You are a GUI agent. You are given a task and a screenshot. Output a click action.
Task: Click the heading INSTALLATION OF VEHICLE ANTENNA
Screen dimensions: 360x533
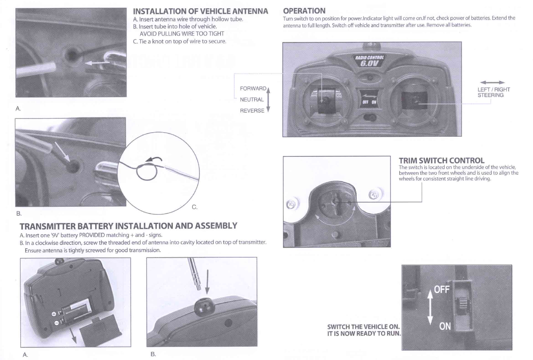pos(200,11)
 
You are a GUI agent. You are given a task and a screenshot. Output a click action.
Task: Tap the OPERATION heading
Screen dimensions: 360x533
pos(304,11)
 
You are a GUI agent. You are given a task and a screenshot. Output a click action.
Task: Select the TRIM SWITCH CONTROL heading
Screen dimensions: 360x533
pos(441,160)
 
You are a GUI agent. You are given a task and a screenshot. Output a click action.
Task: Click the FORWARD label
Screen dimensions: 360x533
pos(253,89)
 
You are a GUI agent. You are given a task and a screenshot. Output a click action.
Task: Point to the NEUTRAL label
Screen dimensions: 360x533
pos(252,100)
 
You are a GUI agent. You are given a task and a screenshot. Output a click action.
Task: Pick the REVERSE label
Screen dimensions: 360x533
pos(252,111)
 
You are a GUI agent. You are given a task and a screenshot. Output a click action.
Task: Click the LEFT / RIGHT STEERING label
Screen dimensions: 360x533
pos(493,92)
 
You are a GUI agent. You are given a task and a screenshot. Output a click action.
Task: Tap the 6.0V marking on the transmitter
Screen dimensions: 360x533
pos(369,63)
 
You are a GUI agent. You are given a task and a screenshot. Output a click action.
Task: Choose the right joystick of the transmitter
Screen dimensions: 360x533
pos(414,100)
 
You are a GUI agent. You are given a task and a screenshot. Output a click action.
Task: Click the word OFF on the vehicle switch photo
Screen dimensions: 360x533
pos(442,289)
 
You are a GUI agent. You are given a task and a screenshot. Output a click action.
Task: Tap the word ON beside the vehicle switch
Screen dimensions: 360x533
pos(445,326)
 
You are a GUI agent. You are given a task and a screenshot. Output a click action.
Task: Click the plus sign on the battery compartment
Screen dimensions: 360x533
pos(54,314)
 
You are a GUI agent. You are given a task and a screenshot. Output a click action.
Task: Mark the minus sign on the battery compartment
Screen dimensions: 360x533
pos(57,323)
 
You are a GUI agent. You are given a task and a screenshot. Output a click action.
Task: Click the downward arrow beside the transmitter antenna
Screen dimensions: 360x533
pos(207,282)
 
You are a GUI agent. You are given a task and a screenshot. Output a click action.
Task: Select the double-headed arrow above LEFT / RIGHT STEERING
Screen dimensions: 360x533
pos(492,83)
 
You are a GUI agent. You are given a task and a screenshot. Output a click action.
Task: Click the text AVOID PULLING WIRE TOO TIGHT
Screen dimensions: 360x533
pos(182,34)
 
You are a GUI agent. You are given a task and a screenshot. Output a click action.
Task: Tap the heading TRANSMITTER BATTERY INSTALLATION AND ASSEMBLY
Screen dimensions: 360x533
pos(128,226)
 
